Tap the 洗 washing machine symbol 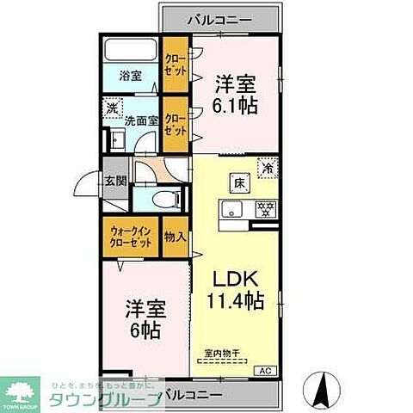[x=112, y=108]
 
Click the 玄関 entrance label [x=115, y=181]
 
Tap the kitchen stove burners [x=265, y=207]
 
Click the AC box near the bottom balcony [x=268, y=370]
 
